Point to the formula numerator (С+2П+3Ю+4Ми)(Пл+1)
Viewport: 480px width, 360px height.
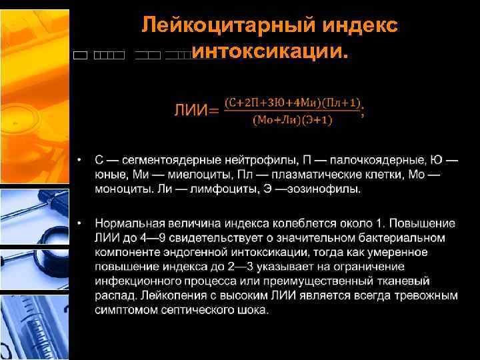pos(293,102)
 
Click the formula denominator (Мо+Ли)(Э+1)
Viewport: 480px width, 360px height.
pos(293,120)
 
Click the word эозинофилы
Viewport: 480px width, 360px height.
pos(329,189)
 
